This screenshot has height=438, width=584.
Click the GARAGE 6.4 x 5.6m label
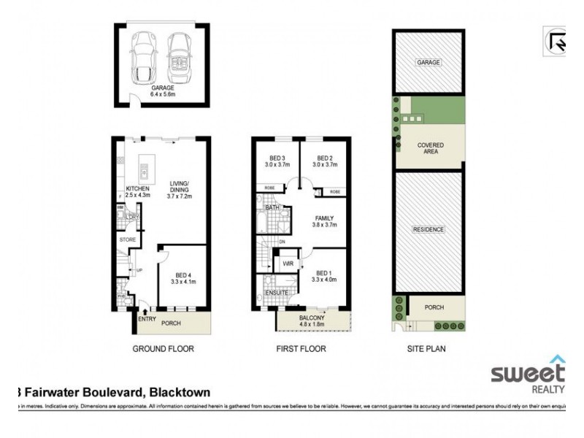coord(162,91)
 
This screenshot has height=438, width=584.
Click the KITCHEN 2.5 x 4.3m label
coord(137,192)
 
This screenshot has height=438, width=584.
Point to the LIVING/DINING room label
coord(180,191)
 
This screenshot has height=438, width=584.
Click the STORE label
coord(128,239)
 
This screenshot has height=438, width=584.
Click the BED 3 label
coord(276,162)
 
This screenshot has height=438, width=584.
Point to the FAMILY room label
coord(325,222)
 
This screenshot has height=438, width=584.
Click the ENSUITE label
coord(277,293)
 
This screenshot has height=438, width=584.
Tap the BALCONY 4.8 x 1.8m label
coord(314,321)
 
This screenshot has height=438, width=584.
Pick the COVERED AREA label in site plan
coord(430,149)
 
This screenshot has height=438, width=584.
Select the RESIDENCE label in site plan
coord(429,229)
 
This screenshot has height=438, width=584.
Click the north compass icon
coord(556,42)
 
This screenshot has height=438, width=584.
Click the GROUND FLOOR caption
coord(163,349)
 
